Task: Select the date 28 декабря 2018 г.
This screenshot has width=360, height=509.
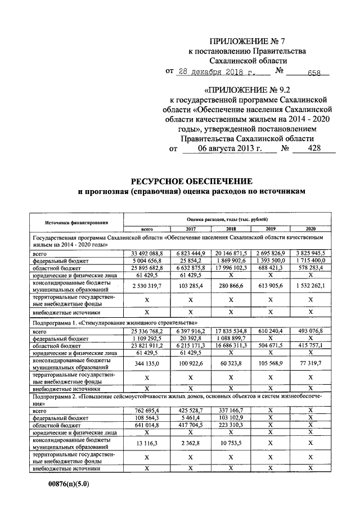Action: tap(216, 71)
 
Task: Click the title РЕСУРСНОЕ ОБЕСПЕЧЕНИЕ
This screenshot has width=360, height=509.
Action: tap(192, 181)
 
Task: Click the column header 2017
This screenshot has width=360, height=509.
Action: tap(191, 229)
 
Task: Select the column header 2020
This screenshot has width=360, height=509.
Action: tap(310, 229)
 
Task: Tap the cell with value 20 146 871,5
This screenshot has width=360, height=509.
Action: tap(231, 254)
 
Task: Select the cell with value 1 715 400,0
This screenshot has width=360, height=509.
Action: tap(310, 262)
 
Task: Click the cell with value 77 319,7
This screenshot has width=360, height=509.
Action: tap(310, 364)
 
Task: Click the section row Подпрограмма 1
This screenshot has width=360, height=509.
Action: tap(115, 325)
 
